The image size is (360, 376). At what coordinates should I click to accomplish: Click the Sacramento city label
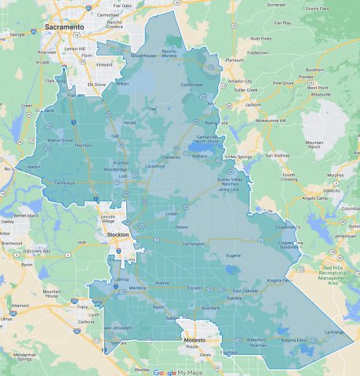coord(66,27)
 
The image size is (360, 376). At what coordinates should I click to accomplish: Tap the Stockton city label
coord(118,233)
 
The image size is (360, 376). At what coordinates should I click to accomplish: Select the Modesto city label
coord(194,341)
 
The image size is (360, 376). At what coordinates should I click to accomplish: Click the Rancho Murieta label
coord(169,54)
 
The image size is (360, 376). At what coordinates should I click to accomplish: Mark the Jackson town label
coord(253,104)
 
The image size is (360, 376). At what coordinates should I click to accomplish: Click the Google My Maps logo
coord(177,372)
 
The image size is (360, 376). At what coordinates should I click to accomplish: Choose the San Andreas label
coord(278,155)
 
